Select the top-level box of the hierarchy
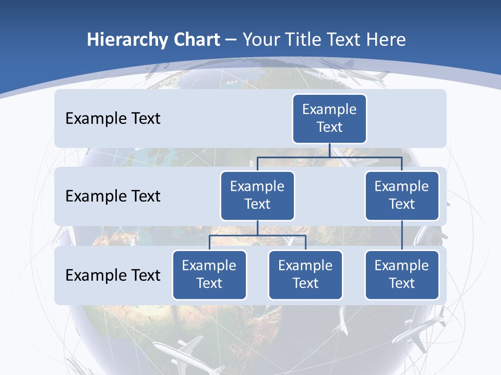point(329,118)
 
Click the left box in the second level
point(257,195)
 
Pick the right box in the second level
point(402,195)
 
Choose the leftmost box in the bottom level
point(209,274)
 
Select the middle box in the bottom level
point(305,274)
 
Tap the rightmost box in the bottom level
point(402,274)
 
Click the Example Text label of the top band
point(113,119)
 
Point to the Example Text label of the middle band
point(113,196)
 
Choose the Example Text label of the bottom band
point(113,275)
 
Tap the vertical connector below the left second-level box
point(257,228)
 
